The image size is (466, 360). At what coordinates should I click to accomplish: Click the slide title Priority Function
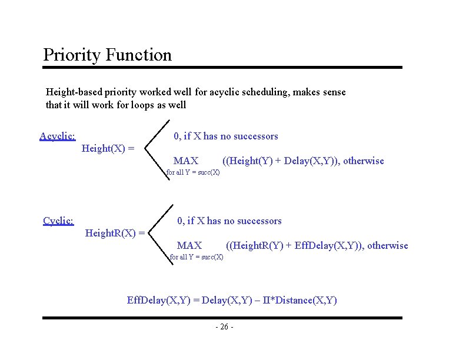tap(108, 55)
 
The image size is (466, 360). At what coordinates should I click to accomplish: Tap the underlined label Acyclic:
tap(57, 136)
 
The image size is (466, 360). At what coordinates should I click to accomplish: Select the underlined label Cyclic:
tap(58, 221)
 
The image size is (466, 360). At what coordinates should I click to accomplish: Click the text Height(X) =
tap(108, 148)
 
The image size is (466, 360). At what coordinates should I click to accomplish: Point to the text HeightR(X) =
tap(115, 233)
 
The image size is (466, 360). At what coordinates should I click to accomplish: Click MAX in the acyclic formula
tap(186, 161)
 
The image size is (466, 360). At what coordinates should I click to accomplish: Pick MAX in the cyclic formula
tap(189, 245)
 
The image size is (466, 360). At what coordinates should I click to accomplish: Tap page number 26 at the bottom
tap(224, 327)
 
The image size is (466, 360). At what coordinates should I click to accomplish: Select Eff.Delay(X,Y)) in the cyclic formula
tap(329, 245)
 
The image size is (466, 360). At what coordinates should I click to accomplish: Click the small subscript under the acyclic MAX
tap(193, 172)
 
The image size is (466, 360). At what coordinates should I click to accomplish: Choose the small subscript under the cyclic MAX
tap(197, 257)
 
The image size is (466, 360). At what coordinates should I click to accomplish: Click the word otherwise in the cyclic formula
tap(388, 245)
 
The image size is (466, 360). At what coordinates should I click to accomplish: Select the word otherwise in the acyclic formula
tap(364, 161)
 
